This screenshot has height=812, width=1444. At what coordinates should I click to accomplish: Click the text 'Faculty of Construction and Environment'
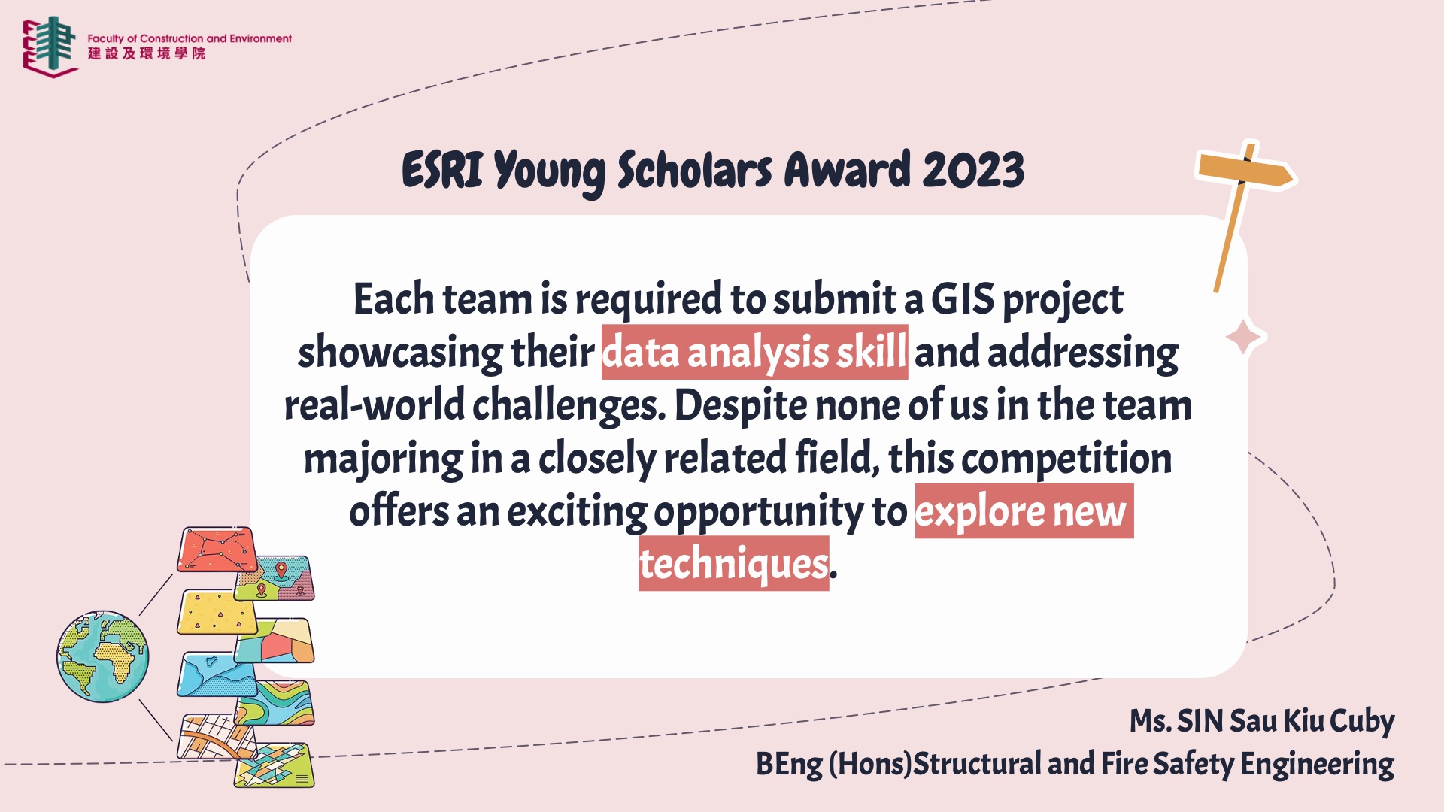[x=190, y=38]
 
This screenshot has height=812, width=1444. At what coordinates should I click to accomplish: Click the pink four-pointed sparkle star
[x=1244, y=337]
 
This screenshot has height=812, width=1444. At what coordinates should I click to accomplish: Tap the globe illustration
[x=103, y=656]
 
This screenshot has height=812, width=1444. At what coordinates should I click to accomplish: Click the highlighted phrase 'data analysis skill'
[x=754, y=352]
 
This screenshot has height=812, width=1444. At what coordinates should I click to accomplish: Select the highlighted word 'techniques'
[x=733, y=563]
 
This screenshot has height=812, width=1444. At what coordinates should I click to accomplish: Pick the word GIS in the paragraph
[x=963, y=298]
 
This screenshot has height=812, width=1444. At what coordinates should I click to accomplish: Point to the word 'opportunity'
[x=759, y=513]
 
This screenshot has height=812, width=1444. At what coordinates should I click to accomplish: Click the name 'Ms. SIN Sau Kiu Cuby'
[x=1262, y=720]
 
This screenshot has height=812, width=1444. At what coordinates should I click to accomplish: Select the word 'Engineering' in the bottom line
[x=1317, y=764]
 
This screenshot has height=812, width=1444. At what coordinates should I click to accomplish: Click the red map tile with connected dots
[x=217, y=550]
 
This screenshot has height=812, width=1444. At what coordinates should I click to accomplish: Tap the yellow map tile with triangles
[x=217, y=612]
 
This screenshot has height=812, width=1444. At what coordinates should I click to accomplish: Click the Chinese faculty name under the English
[x=147, y=53]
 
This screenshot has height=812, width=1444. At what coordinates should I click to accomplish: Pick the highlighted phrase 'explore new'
[x=1024, y=511]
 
